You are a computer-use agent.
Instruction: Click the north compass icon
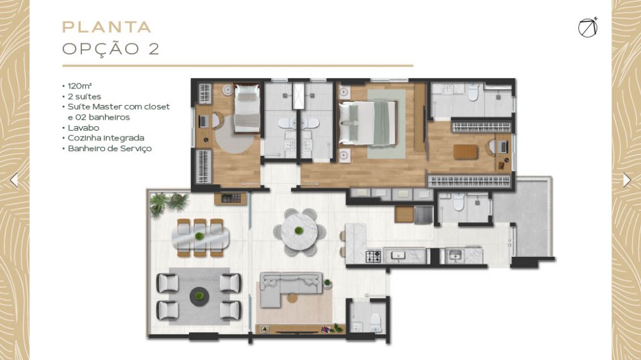click(588, 28)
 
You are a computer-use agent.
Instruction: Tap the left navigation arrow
click(14, 180)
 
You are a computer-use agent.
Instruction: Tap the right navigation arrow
click(627, 180)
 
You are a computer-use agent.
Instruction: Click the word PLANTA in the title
click(106, 27)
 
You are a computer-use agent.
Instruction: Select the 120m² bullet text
click(79, 86)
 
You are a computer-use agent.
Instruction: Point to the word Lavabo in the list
click(83, 128)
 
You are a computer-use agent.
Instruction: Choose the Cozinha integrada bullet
click(106, 138)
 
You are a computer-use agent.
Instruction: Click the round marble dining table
click(299, 232)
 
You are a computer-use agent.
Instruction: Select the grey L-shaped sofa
click(286, 286)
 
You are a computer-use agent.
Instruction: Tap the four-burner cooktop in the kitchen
click(373, 256)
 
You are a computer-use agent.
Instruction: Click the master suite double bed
click(368, 123)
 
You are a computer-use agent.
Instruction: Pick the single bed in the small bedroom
click(247, 108)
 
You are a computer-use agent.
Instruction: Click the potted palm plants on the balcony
click(169, 203)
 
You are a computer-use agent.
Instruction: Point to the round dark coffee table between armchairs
click(199, 296)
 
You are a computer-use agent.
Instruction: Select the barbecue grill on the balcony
click(231, 198)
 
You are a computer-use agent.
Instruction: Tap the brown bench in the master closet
click(465, 152)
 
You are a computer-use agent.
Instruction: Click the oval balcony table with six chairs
click(200, 238)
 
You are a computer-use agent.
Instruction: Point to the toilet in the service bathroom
click(459, 201)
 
